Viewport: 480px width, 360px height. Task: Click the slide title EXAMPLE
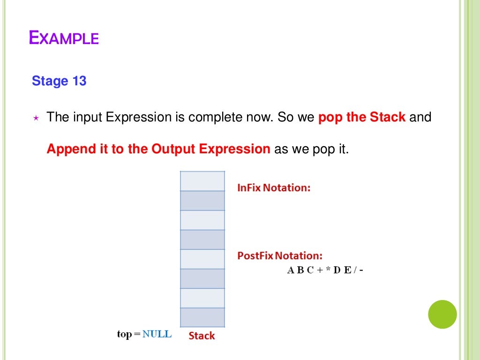pos(64,37)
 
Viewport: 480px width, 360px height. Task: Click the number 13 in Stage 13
pos(79,81)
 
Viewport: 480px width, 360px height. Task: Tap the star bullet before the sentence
pos(36,118)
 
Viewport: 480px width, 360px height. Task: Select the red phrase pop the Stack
pos(362,117)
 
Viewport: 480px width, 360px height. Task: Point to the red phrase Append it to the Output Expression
pos(158,149)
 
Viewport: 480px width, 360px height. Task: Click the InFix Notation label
pos(274,187)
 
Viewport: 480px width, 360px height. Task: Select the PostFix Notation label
pos(280,256)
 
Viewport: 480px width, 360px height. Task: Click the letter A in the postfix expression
pos(291,270)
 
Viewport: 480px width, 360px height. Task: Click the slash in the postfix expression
pos(355,270)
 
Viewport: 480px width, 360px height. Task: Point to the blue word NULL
pos(157,334)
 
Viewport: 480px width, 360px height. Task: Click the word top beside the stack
pos(125,334)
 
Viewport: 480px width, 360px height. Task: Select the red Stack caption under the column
pos(202,336)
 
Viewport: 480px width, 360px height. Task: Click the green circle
pos(442,314)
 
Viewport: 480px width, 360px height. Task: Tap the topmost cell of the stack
pos(202,181)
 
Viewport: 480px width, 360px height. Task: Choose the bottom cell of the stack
pos(202,317)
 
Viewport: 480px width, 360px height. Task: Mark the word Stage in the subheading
pos(50,81)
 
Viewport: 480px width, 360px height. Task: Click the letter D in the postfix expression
pos(337,270)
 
